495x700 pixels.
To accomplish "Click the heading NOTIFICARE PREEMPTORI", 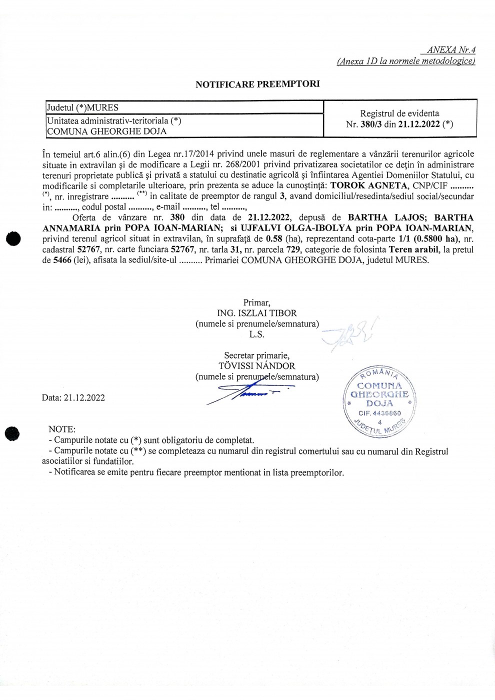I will [257, 84].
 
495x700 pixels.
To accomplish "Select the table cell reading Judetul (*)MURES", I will [82, 107].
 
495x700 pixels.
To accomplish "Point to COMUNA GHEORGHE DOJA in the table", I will [106, 131].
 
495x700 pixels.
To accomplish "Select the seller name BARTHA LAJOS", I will [385, 217].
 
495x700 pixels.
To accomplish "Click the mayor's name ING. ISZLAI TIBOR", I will [257, 313].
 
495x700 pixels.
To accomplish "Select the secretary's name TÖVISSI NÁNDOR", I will [257, 366].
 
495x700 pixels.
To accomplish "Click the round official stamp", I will [380, 400].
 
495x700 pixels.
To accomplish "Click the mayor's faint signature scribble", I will [350, 333].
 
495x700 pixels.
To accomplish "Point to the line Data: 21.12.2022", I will [73, 397].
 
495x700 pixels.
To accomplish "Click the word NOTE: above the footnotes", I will [62, 429].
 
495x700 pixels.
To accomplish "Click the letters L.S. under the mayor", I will [256, 334].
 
